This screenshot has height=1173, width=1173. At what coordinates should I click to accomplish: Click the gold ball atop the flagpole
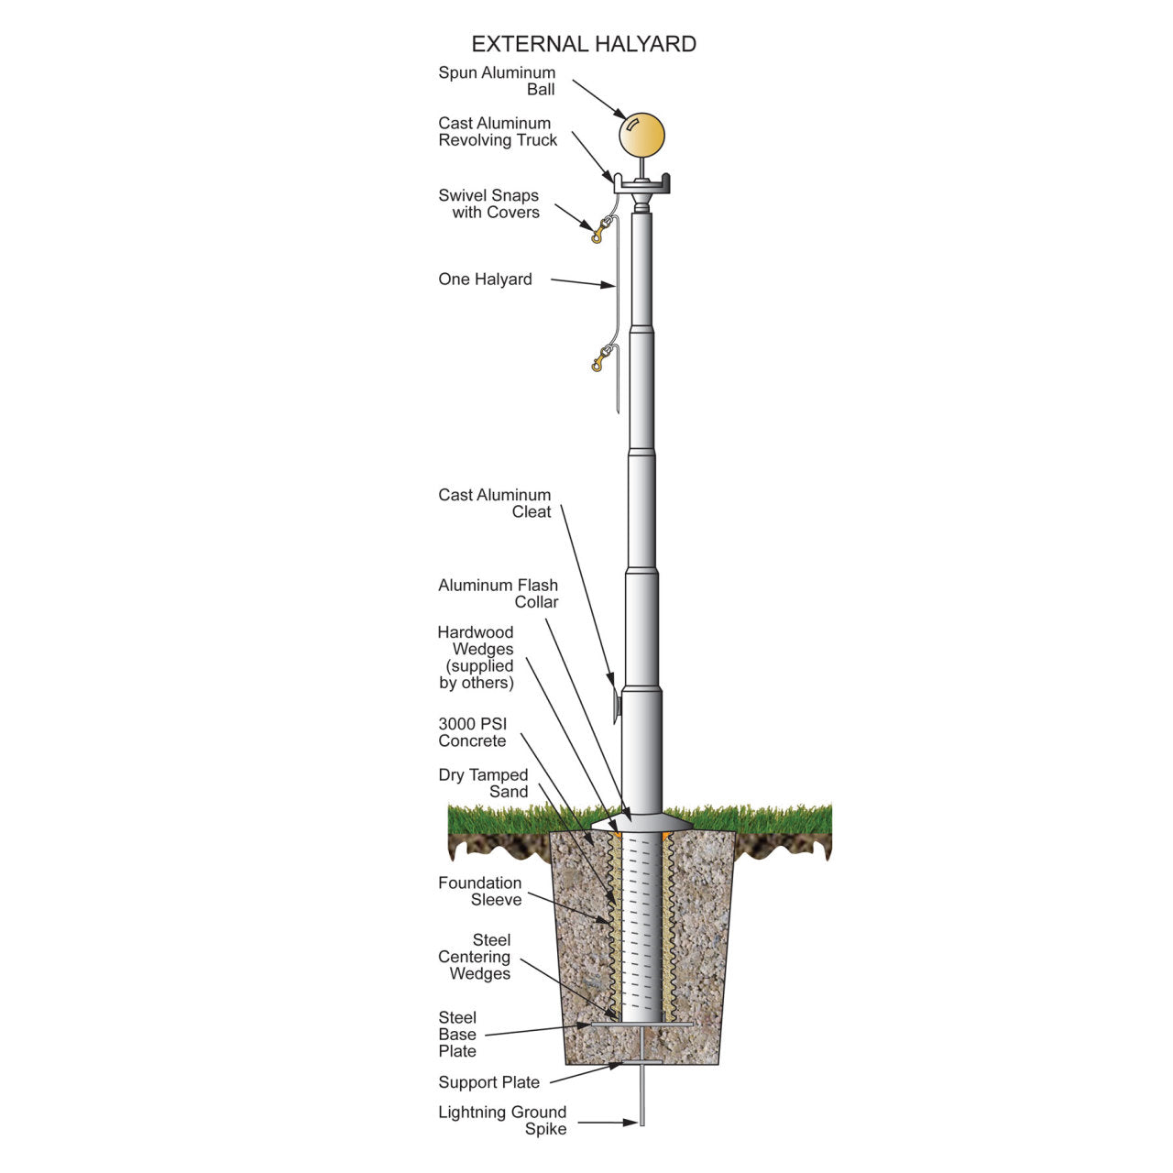tap(641, 136)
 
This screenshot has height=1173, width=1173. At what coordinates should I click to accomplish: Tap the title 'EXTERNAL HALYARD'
tap(584, 44)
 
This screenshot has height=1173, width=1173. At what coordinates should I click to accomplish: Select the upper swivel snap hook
tap(600, 229)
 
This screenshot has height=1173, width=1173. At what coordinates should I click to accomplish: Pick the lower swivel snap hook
tap(600, 359)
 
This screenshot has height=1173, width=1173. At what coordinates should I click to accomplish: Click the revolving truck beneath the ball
tap(641, 186)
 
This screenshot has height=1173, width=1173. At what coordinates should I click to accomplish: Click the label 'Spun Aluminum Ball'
tap(497, 81)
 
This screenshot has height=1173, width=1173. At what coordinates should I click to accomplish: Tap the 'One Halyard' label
tap(485, 280)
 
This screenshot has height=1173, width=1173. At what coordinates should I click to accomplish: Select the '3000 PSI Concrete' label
tap(472, 732)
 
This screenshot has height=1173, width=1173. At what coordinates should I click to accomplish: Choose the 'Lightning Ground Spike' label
tap(502, 1120)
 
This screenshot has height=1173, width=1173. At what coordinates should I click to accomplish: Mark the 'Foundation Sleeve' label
tap(479, 891)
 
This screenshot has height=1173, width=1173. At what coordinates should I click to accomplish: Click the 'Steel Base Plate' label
tap(457, 1034)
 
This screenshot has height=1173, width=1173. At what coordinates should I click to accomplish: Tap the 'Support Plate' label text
tap(488, 1082)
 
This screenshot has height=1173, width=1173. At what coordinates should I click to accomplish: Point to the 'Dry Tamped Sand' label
tap(483, 783)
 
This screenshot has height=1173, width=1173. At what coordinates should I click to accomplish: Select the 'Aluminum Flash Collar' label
tap(498, 593)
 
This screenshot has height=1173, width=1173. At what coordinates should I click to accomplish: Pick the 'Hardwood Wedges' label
tap(476, 657)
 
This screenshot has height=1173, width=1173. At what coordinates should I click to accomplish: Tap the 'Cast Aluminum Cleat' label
tap(495, 503)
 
